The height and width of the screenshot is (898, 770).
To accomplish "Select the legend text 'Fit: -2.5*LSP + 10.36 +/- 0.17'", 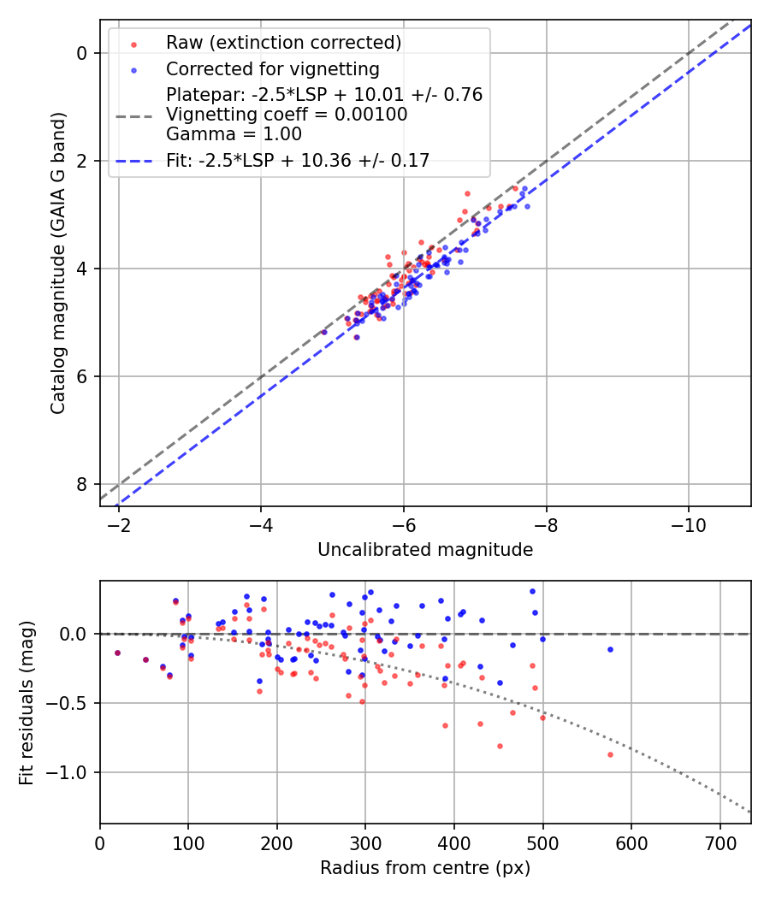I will click(x=298, y=160).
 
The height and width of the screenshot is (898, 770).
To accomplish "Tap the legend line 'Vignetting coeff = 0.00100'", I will click(x=287, y=115).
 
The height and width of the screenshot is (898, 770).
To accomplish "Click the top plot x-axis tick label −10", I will click(x=689, y=523).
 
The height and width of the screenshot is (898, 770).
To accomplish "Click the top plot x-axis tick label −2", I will click(x=118, y=523).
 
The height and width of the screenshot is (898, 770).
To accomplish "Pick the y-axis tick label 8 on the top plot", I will click(x=83, y=484).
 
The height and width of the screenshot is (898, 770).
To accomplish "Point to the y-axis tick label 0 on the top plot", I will click(x=83, y=53).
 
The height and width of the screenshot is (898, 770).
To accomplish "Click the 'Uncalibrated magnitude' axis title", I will click(x=425, y=550).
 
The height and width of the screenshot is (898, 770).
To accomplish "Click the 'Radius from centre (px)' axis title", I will click(x=425, y=868).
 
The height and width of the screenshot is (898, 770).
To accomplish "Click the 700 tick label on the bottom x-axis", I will click(x=720, y=842).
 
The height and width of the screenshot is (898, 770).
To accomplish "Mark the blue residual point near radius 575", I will click(x=610, y=649).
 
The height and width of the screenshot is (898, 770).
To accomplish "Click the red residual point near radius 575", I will click(x=610, y=754).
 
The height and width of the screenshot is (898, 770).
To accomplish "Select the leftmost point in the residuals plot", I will click(x=117, y=653).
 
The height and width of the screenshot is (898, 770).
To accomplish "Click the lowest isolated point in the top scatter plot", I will click(x=356, y=337).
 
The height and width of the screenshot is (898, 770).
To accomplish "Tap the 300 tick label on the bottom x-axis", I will click(x=365, y=842).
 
